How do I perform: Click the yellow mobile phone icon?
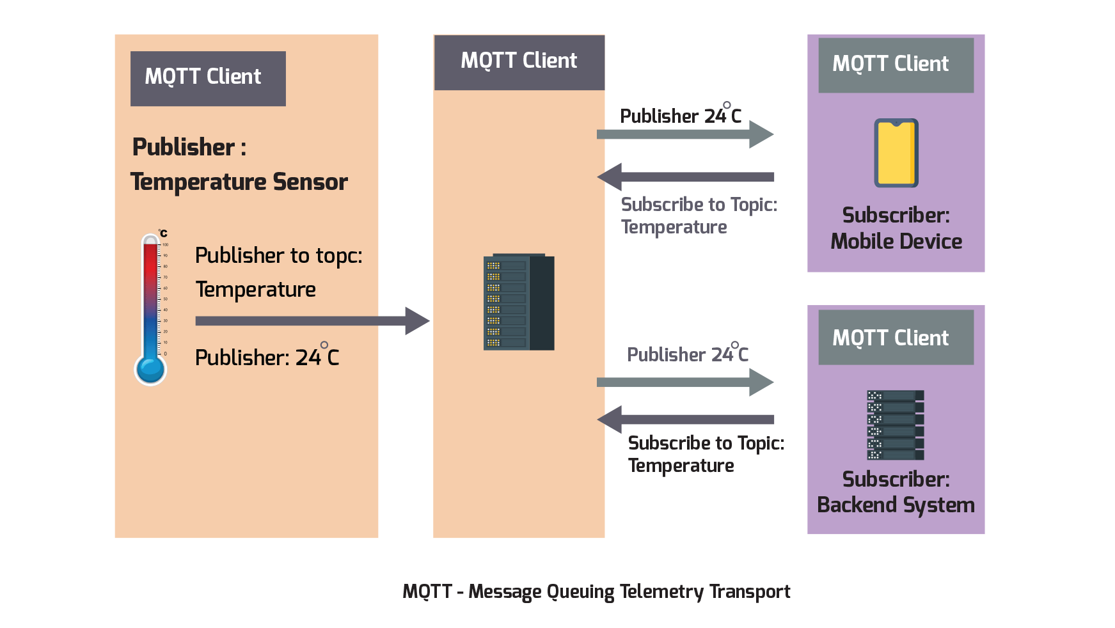[896, 153]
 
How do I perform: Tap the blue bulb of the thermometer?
[150, 369]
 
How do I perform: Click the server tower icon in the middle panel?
[518, 302]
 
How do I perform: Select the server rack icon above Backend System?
[895, 425]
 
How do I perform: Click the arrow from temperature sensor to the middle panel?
[312, 321]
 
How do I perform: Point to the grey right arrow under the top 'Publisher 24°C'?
[684, 134]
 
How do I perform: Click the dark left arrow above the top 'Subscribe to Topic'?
[684, 177]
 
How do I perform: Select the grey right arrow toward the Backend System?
[684, 382]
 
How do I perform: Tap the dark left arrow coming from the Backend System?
[684, 420]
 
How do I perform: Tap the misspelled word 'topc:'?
[338, 256]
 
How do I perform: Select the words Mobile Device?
[896, 242]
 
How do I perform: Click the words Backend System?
[896, 505]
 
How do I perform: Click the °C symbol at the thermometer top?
[163, 233]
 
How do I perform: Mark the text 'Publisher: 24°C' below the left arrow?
[267, 357]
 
